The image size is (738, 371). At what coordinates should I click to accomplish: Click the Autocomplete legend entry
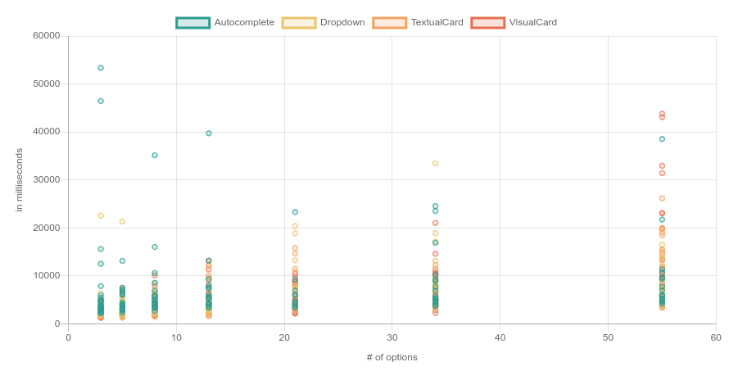point(225,22)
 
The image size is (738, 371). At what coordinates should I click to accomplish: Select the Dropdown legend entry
point(323,22)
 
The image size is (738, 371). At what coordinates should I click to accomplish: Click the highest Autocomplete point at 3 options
point(101,68)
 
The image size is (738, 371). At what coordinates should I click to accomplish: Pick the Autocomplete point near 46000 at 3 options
point(101,102)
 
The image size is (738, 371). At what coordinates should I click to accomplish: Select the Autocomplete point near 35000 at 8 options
point(155,156)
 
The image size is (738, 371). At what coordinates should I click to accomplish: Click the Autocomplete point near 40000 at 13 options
point(209,133)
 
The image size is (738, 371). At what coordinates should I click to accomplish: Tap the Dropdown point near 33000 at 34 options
point(436,163)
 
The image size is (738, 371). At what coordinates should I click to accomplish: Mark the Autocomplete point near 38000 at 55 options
point(662,139)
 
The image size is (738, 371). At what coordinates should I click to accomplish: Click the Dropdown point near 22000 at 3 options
point(101,215)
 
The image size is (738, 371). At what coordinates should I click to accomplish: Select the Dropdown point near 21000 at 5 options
point(122,221)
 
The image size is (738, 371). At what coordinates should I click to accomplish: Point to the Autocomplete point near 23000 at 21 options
point(295,212)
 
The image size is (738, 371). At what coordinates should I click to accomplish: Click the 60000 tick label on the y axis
point(46,36)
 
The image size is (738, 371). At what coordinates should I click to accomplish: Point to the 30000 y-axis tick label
point(46,179)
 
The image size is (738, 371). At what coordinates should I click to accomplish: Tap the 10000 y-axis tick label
point(46,276)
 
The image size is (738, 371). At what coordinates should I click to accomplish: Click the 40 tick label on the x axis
point(500,337)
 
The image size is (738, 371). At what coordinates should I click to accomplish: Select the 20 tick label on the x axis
point(284,337)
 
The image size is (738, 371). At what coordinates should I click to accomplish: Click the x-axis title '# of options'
point(392,357)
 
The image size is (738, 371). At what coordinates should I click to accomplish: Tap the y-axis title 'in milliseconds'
point(20,179)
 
